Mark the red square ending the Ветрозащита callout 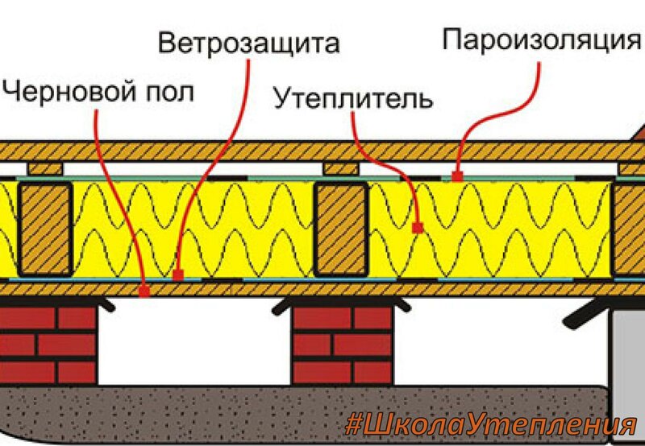(x=178, y=275)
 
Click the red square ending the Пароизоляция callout (x=457, y=174)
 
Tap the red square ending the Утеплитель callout (x=417, y=228)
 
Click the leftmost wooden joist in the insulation (x=46, y=229)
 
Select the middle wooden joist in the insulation (x=339, y=229)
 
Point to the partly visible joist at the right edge (x=630, y=229)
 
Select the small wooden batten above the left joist (x=45, y=168)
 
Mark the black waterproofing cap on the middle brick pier (x=342, y=304)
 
